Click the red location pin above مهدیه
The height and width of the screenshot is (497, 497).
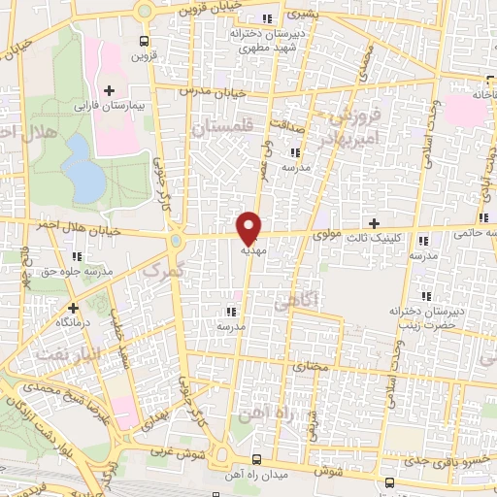pos(249,226)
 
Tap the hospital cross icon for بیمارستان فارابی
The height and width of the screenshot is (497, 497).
pos(109,90)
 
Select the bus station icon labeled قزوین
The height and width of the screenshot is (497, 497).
pos(144,42)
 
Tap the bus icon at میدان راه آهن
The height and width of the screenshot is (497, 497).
pos(256,458)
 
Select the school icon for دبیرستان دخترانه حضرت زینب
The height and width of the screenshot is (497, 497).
pos(425,296)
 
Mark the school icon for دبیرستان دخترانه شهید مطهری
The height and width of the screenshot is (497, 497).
pos(268,18)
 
